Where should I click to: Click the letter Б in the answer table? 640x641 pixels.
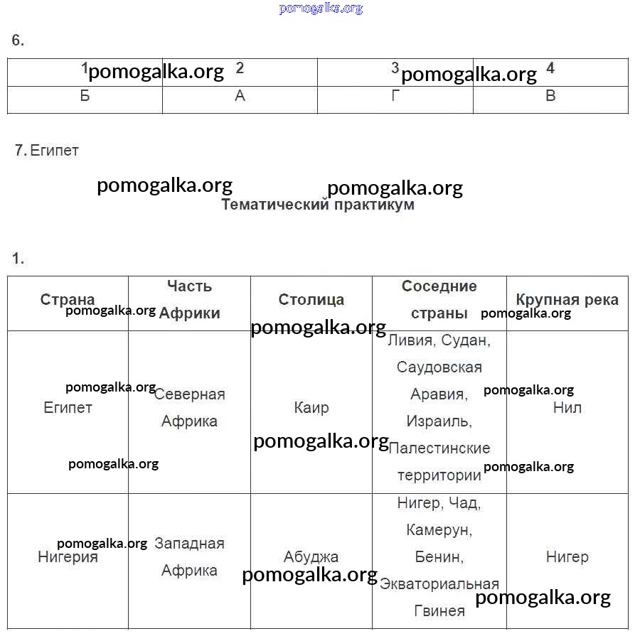(85, 96)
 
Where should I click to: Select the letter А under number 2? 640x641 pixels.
(240, 96)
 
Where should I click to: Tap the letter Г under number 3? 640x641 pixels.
(395, 96)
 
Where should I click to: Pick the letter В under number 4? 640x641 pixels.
(550, 96)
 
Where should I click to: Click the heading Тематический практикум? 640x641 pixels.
(318, 205)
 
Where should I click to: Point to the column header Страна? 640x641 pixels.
(68, 299)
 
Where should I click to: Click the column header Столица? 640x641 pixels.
(311, 299)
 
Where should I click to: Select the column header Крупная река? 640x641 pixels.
(567, 299)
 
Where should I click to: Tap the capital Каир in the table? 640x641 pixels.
(311, 407)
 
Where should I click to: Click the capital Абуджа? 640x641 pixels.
(311, 556)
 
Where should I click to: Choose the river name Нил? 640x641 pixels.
(567, 407)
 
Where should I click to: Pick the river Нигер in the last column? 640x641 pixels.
(567, 556)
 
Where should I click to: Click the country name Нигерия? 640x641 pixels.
(68, 556)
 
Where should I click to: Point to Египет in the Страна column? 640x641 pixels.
(68, 407)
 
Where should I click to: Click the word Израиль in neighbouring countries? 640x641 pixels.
(439, 421)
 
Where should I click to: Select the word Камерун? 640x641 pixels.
(439, 529)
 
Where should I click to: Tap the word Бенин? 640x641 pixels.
(439, 556)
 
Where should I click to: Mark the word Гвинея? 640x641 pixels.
(439, 610)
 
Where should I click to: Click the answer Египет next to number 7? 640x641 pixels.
(55, 150)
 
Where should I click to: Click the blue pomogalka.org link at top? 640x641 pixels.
(321, 9)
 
